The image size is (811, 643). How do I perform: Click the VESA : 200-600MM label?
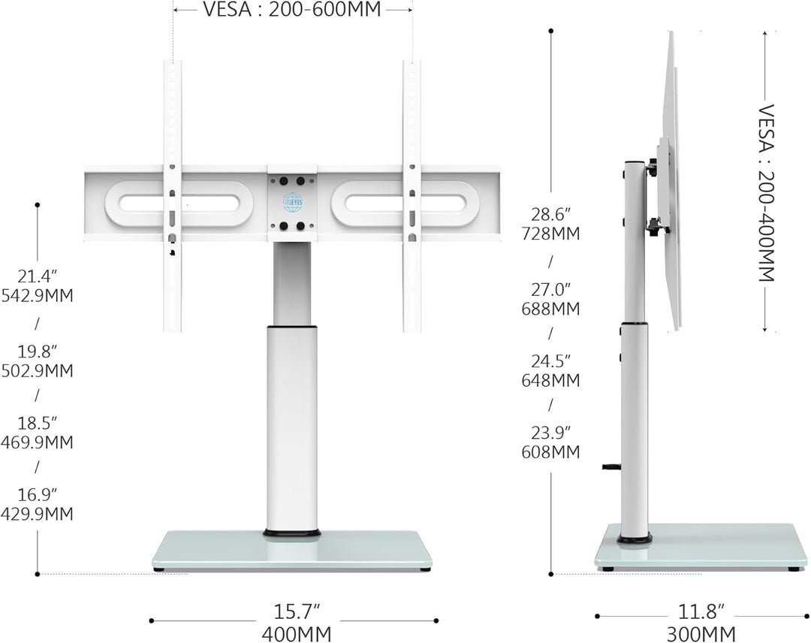[x=291, y=9]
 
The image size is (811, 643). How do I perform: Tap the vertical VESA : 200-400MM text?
[x=767, y=193]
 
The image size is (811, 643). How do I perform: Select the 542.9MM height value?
[x=38, y=295]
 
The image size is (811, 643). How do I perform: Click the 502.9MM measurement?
[x=38, y=371]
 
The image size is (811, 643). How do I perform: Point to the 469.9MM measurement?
[x=38, y=442]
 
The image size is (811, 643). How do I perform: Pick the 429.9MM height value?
[x=38, y=514]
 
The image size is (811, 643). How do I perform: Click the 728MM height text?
[x=551, y=234]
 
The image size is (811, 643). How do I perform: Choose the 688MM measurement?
[x=551, y=309]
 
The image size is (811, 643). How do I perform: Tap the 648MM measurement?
[x=551, y=380]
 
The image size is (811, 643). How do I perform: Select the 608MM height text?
[x=551, y=451]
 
